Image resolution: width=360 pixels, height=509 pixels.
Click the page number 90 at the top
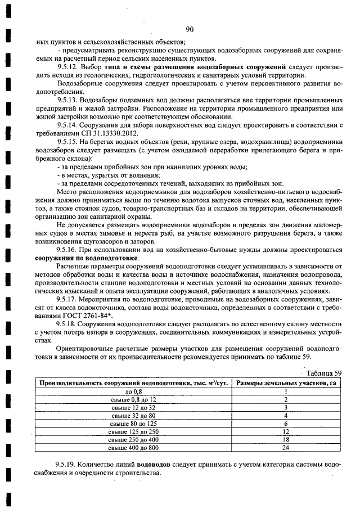[x=188, y=30]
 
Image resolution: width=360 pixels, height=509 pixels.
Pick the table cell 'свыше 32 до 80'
[x=134, y=415]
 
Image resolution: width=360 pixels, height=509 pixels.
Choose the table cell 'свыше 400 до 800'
[x=134, y=447]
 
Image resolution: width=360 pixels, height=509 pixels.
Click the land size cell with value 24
[x=286, y=447]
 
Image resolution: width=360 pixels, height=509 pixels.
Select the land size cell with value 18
[x=286, y=439]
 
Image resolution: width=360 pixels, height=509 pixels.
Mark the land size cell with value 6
[x=286, y=423]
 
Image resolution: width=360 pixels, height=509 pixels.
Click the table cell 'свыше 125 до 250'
[x=134, y=431]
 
